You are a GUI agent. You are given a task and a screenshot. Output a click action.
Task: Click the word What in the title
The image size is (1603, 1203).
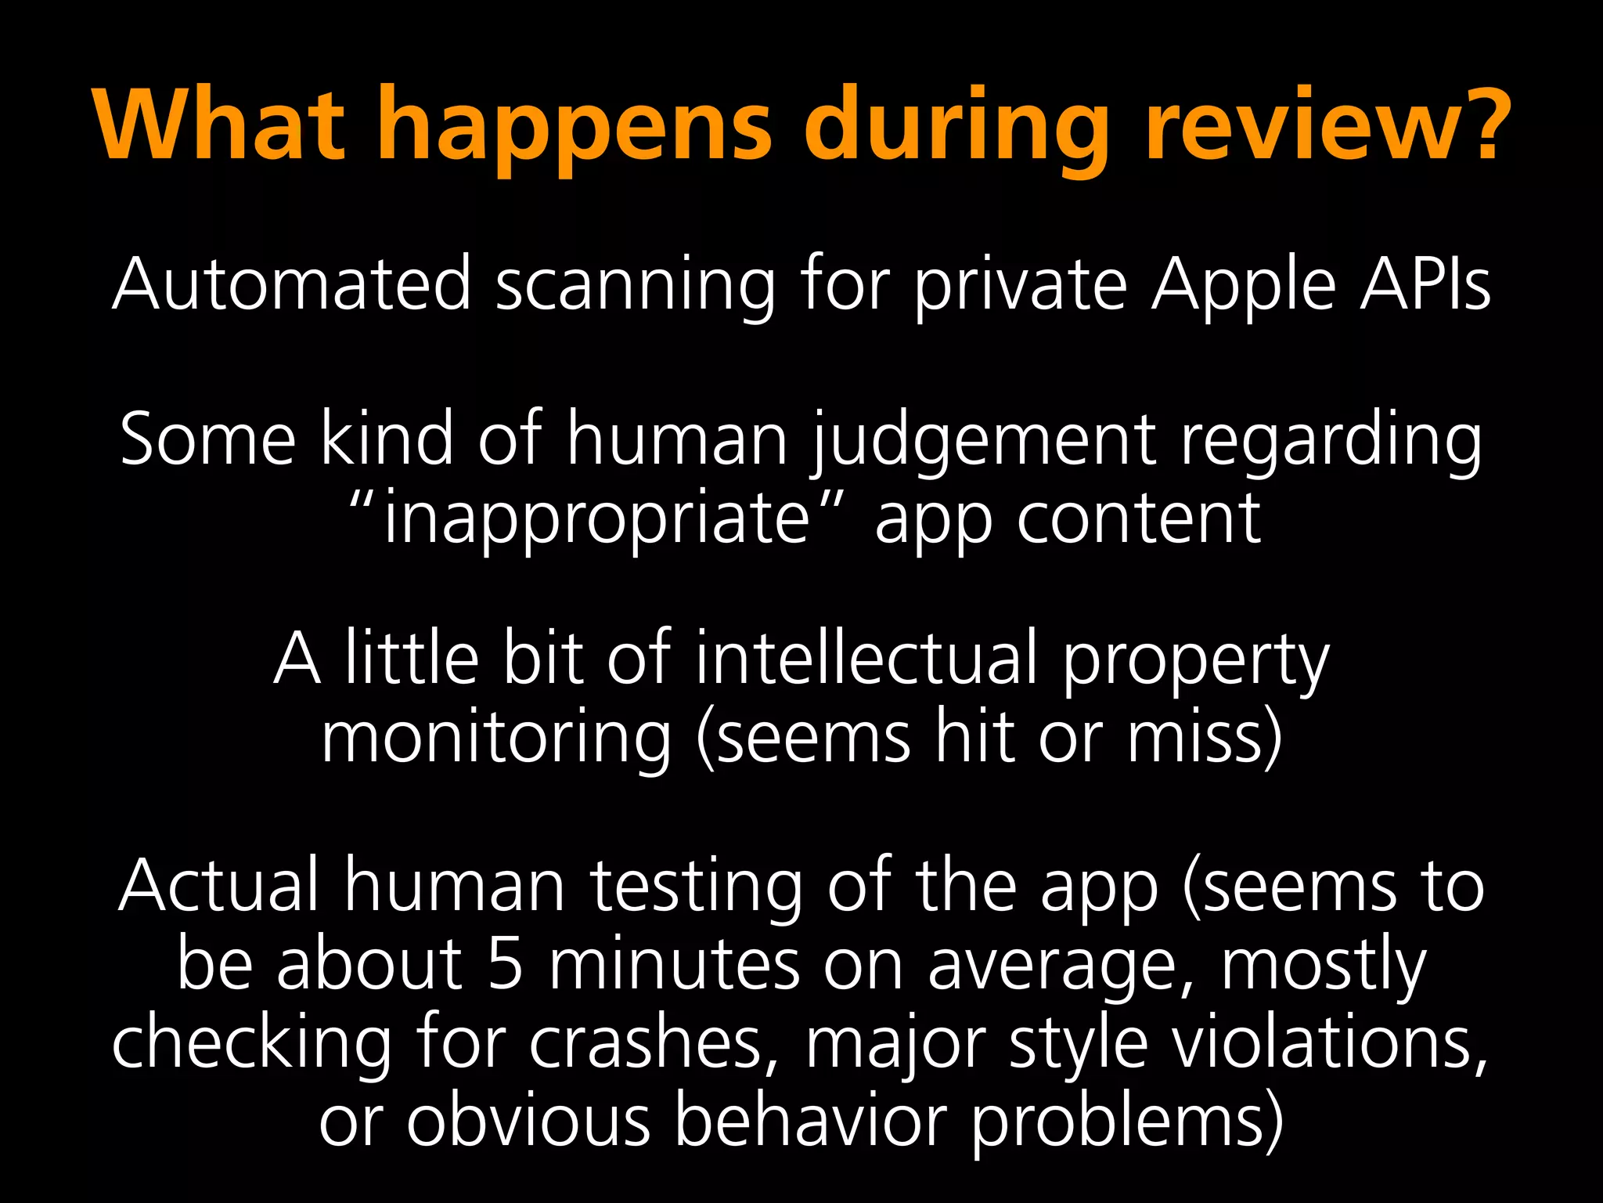219,125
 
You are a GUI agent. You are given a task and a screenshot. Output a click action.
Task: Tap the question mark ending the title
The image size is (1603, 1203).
1472,125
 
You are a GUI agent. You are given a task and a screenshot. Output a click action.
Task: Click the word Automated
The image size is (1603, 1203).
291,284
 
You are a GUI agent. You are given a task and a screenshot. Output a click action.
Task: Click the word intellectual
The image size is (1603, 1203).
866,658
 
